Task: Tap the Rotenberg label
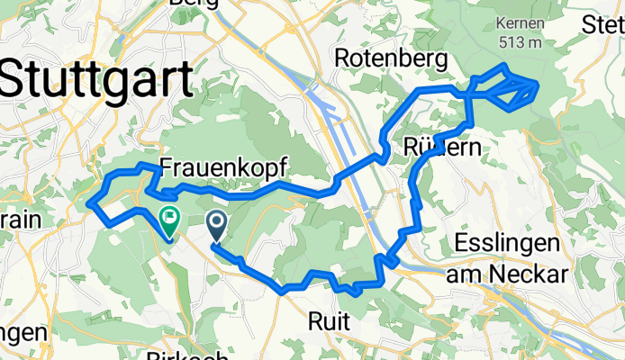[391, 59]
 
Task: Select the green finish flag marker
[168, 216]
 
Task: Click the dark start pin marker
[217, 221]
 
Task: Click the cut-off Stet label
[604, 24]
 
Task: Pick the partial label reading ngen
[22, 333]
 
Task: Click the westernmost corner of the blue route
[88, 204]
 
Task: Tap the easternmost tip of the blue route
[538, 86]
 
